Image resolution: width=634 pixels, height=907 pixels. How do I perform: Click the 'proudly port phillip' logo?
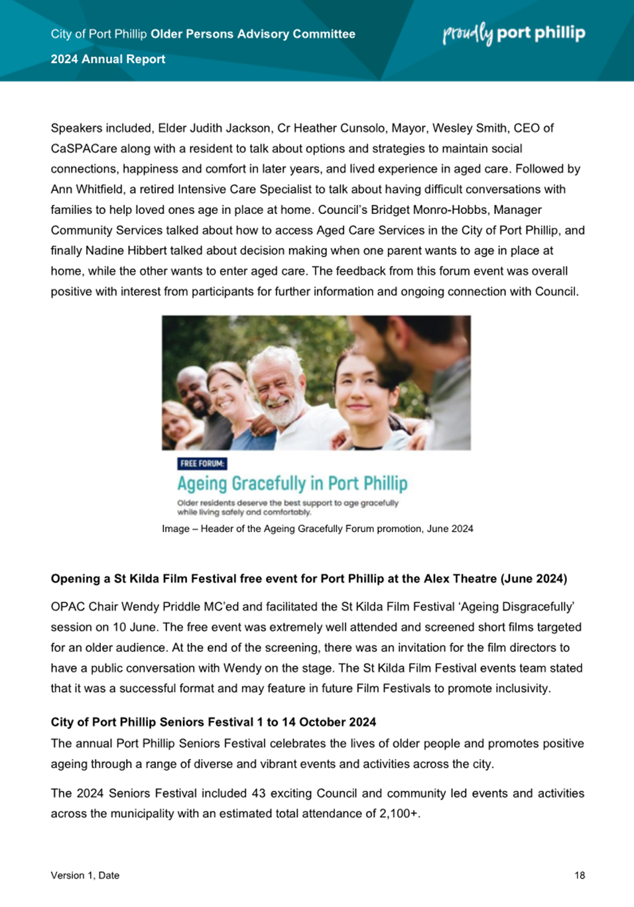click(x=514, y=33)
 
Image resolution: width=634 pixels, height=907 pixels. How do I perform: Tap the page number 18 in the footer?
click(x=580, y=875)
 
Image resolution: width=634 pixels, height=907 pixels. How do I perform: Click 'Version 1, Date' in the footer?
click(x=85, y=875)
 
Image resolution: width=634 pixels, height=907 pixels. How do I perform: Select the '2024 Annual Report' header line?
click(x=108, y=59)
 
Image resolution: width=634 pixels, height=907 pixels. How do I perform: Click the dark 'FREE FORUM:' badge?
click(x=202, y=464)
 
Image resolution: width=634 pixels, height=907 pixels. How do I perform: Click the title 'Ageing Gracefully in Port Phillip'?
click(x=292, y=484)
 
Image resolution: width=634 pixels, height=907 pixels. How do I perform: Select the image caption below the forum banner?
click(x=317, y=529)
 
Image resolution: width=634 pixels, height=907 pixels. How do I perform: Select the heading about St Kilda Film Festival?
click(x=308, y=578)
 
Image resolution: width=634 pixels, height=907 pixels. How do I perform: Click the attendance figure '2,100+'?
click(x=400, y=814)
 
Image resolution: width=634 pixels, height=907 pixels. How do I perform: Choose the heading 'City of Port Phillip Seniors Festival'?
click(x=151, y=722)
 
